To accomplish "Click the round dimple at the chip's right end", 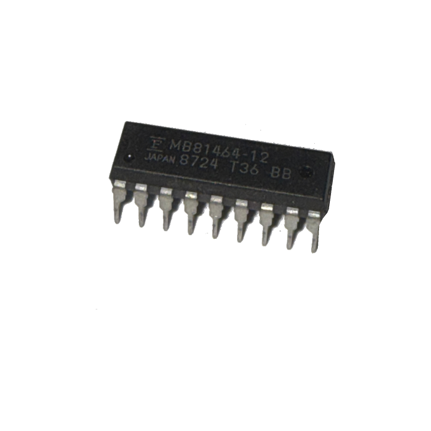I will click(x=308, y=174).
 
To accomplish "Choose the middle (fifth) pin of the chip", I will click(x=215, y=218).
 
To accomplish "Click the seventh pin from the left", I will click(x=265, y=226).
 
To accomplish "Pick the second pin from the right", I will click(x=291, y=230).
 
